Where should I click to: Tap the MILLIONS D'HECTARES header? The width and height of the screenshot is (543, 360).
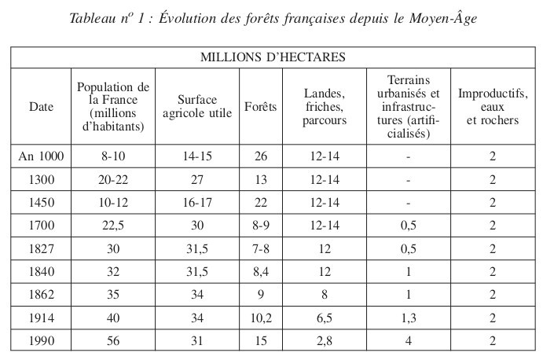click(271, 57)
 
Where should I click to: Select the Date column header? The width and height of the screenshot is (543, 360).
click(40, 106)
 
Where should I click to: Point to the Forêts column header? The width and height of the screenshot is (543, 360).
click(261, 106)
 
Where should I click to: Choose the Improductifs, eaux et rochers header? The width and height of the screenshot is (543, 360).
click(493, 106)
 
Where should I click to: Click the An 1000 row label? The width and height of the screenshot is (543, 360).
click(40, 156)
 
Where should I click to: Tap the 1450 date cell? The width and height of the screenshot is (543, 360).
click(40, 202)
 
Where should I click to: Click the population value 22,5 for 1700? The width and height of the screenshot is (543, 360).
click(114, 226)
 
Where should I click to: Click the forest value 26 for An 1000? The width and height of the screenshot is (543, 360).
click(261, 156)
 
